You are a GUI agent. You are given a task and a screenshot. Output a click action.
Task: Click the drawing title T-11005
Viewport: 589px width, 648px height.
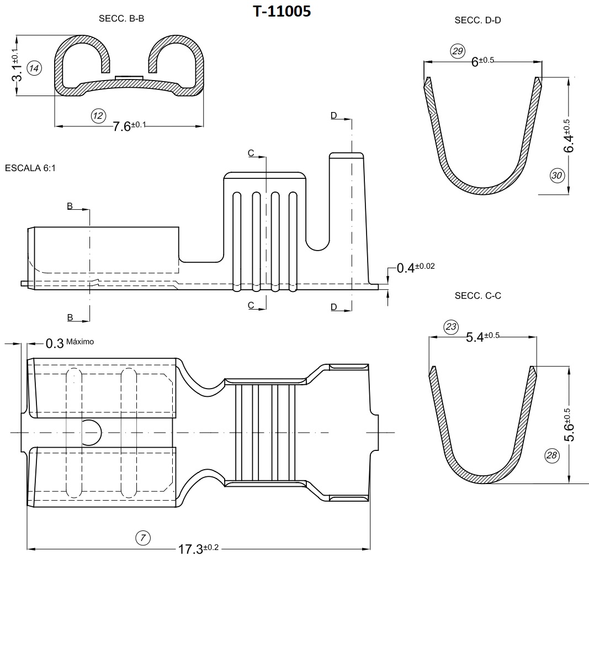tap(282, 11)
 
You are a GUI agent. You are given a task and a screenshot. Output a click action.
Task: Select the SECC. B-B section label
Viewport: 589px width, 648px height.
tap(121, 18)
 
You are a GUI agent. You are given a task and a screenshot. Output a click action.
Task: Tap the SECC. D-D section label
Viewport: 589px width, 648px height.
tap(477, 20)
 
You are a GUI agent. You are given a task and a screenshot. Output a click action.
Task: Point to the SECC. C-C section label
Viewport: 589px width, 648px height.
tap(477, 295)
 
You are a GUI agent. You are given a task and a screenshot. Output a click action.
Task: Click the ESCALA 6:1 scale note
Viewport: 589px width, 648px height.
tap(30, 168)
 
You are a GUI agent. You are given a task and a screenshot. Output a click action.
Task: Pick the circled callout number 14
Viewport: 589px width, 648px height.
tap(34, 68)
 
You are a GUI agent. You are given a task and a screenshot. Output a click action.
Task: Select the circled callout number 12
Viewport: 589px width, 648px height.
tap(98, 115)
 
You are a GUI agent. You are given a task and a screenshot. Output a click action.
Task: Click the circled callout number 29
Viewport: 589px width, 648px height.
tap(458, 51)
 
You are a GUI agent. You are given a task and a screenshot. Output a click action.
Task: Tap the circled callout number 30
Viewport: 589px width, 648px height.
tap(556, 176)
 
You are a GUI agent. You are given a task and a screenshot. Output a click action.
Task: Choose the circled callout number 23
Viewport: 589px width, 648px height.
tap(451, 327)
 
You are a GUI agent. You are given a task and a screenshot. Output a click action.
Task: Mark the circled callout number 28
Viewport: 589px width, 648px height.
tap(551, 455)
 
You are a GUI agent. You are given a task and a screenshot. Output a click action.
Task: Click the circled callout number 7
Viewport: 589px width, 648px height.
tap(142, 538)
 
